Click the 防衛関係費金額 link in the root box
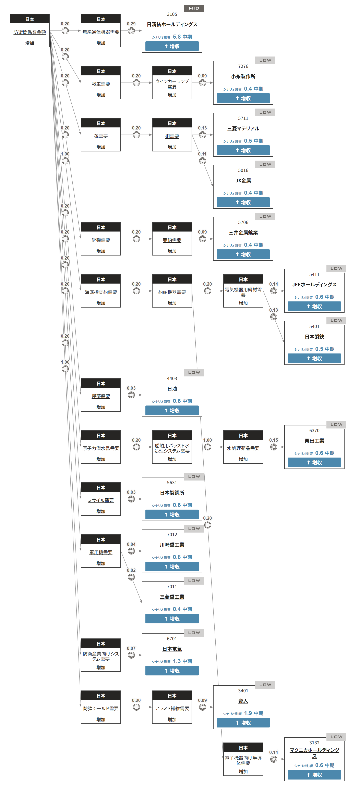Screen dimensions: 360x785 29,32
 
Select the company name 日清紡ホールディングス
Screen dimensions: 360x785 172,24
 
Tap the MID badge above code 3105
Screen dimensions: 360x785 194,8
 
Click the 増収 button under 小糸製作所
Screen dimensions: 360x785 243,98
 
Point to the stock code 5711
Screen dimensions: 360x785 243,118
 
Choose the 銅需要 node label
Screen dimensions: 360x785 172,136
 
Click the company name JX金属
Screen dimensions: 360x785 243,181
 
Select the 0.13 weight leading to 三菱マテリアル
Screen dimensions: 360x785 202,128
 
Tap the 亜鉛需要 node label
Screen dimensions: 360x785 172,240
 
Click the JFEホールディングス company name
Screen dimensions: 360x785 314,285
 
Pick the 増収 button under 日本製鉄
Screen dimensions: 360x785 314,358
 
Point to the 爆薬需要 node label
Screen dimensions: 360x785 101,396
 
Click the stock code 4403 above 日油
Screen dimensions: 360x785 172,378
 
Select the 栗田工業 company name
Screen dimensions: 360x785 314,441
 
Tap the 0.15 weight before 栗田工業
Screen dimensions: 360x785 273,440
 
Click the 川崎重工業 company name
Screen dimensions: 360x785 172,545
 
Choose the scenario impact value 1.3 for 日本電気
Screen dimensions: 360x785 177,661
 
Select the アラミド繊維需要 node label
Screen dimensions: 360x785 172,709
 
